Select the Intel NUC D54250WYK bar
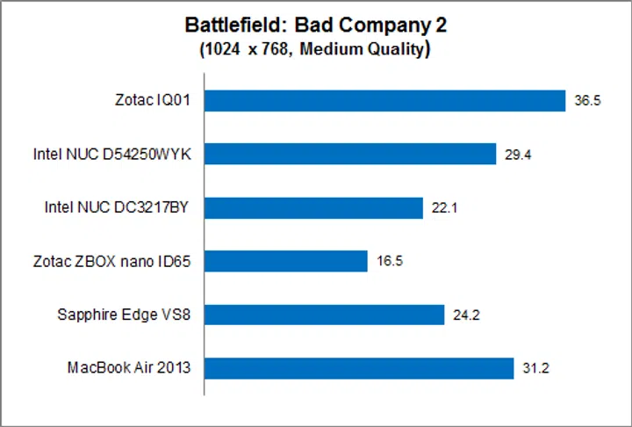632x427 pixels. [350, 155]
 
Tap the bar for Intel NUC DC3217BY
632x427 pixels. [313, 207]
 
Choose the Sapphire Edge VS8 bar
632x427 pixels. [324, 315]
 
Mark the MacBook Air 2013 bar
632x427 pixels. [359, 368]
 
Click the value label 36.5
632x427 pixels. [587, 101]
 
